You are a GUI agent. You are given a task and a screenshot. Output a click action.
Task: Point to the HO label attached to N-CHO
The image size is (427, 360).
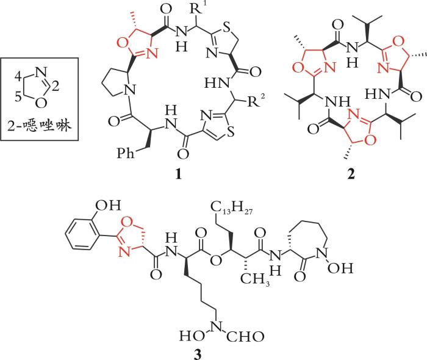[190, 335]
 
